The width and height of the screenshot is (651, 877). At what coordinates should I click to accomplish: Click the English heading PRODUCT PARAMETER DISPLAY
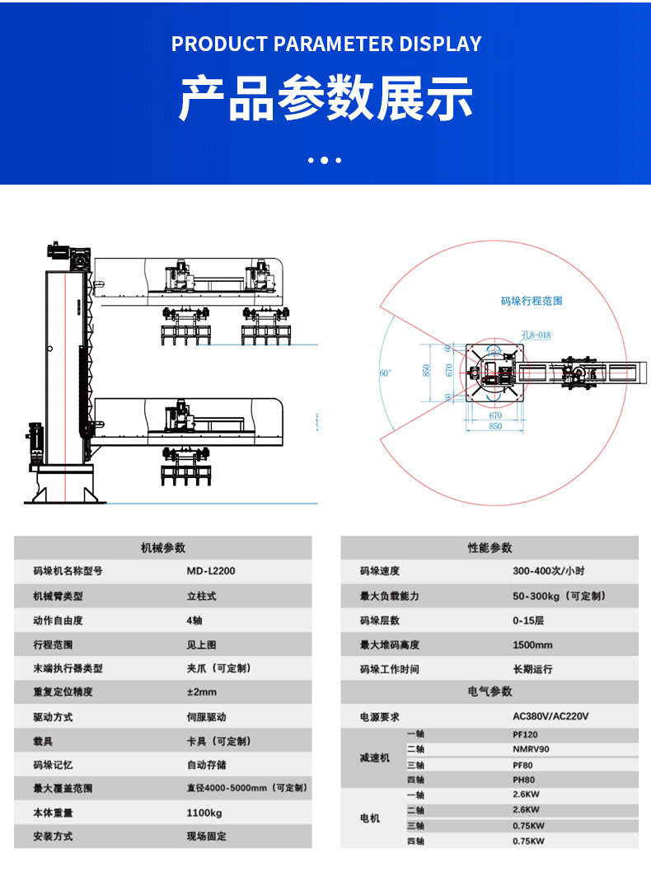click(325, 45)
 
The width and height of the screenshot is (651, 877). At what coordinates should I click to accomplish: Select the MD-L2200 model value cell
click(211, 570)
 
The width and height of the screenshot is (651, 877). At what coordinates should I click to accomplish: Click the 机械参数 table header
click(163, 548)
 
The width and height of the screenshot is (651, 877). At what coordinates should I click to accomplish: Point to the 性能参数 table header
click(489, 548)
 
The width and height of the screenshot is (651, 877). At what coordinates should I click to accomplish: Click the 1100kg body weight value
click(204, 813)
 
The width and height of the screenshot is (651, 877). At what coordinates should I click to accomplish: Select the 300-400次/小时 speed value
click(548, 571)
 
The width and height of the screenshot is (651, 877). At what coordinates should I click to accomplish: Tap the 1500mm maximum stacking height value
click(532, 645)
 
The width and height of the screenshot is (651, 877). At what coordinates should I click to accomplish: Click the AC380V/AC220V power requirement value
click(550, 717)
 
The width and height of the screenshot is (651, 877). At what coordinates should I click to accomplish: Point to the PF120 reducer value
click(525, 734)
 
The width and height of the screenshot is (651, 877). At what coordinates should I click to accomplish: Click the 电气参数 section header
click(489, 692)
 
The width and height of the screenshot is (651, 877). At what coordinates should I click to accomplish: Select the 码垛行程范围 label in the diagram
click(532, 302)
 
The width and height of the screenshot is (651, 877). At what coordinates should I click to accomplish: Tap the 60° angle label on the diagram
click(385, 373)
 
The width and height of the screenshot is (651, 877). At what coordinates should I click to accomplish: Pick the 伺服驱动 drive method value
click(206, 717)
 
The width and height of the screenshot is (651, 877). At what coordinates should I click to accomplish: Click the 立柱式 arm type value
click(201, 596)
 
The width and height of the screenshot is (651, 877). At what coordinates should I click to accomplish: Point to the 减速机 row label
click(374, 757)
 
